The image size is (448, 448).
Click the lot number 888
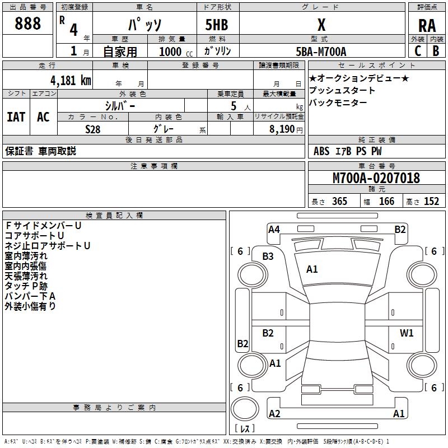point(28,24)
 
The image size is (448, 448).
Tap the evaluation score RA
point(427,26)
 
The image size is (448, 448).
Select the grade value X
point(321,25)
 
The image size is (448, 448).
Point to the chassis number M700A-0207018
point(376,178)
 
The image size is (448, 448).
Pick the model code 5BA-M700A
point(321,52)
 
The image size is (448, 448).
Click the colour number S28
point(92,129)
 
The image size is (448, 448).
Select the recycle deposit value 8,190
point(286,129)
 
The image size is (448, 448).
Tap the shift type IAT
point(16,117)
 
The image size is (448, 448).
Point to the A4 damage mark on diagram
point(274,229)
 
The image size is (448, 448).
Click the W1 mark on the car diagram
point(407,333)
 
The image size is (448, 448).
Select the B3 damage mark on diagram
point(268,256)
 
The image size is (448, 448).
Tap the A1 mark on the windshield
point(312,269)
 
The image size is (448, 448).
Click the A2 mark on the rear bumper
point(274,414)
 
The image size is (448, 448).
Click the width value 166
point(386,202)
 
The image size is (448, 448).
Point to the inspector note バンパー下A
point(30,296)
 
